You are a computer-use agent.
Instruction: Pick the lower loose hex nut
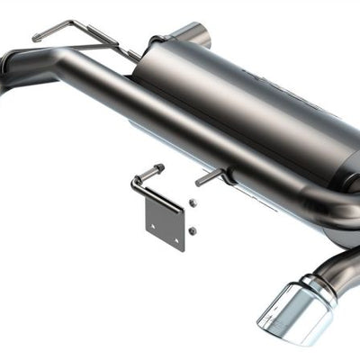[193, 231]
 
